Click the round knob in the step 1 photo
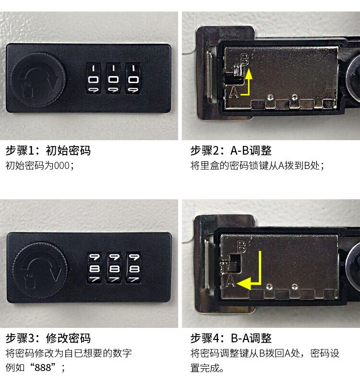point(38,80)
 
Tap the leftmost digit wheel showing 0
point(93,78)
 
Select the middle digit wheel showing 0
point(113,78)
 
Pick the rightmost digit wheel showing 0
point(133,78)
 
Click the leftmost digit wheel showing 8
point(94,268)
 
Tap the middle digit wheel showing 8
point(114,268)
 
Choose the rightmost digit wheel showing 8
point(134,268)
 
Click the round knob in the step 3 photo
point(40,270)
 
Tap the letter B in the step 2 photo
point(245,60)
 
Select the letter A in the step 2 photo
point(234,92)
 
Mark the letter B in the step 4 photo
point(241,247)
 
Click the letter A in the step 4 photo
point(230,281)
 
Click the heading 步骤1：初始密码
point(48,150)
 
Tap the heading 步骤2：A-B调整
point(231,150)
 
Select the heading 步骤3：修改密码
point(48,338)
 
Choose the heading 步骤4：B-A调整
point(231,338)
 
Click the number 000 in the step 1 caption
point(62,166)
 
